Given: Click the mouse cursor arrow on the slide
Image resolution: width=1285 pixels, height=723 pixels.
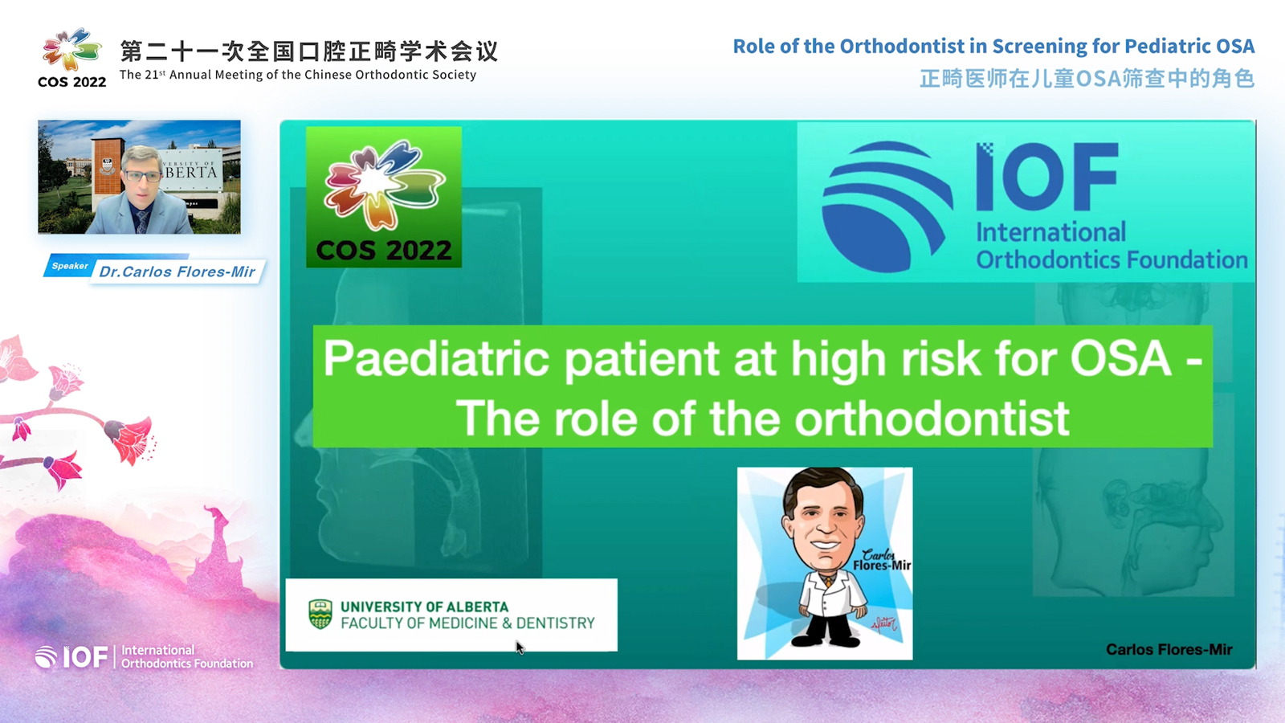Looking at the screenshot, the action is pyautogui.click(x=520, y=647).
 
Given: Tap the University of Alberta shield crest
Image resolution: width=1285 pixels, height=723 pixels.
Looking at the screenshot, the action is pyautogui.click(x=320, y=614).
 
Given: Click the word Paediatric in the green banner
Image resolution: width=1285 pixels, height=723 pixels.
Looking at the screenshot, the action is pyautogui.click(x=437, y=358).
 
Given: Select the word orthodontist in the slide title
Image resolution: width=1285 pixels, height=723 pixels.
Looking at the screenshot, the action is pyautogui.click(x=932, y=419).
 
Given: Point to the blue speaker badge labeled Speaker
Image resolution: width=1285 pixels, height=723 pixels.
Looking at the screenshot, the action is pyautogui.click(x=69, y=266).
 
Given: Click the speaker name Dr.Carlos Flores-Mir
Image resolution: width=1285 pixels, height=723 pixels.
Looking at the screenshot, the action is pyautogui.click(x=177, y=272).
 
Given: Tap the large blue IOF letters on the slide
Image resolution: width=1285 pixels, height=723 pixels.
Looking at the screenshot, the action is pyautogui.click(x=1047, y=176).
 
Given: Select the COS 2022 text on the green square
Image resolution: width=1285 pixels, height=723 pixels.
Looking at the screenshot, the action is pyautogui.click(x=383, y=250).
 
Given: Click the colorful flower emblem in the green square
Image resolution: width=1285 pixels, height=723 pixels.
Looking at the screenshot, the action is pyautogui.click(x=384, y=183).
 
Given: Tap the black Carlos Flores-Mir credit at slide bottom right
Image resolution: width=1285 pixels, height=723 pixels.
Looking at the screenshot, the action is pyautogui.click(x=1169, y=650).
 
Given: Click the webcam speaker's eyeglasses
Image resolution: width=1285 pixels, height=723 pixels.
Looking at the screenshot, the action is pyautogui.click(x=143, y=176).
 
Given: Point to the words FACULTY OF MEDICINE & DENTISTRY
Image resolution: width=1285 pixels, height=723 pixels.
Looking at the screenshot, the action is pyautogui.click(x=467, y=623).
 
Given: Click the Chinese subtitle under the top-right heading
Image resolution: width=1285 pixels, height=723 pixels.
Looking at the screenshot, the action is pyautogui.click(x=1087, y=79).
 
